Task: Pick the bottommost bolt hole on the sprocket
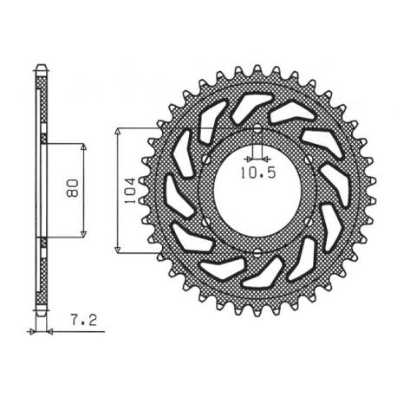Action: coord(258,252)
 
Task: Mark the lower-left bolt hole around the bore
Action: coord(205,222)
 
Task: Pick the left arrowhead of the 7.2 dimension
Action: coord(36,331)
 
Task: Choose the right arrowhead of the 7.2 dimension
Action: coord(49,331)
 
